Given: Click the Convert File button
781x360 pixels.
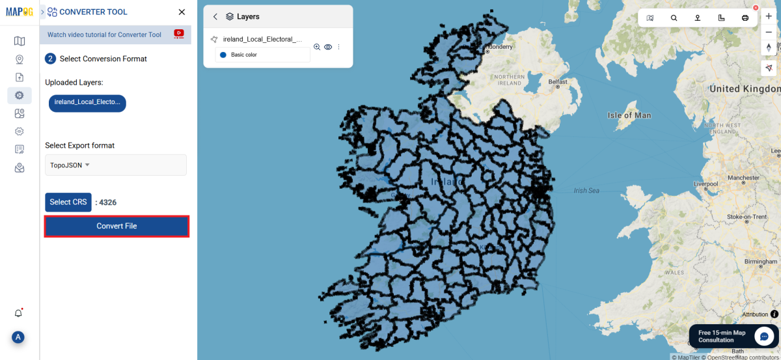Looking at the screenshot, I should coord(116,226).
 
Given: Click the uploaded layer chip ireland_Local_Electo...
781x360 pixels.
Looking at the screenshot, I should coord(87,103).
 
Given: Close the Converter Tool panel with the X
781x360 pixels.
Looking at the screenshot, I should coord(182,12).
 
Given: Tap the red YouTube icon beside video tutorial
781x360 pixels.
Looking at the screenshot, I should coord(179,34).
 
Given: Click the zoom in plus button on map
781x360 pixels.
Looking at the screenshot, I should coord(769,16).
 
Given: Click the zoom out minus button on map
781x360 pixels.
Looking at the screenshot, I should coord(769,32).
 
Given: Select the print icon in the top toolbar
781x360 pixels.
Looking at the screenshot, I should coord(745,18).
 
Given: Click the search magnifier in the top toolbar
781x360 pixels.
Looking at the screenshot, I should coord(674,18).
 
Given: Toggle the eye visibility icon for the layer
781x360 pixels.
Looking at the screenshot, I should coord(328,47).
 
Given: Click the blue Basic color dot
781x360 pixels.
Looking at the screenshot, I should coord(223,55).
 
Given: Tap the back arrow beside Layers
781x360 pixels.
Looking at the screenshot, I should coord(215,17).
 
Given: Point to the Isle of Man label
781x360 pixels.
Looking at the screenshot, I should coord(629,115).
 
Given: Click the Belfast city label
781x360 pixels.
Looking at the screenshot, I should coord(558,82).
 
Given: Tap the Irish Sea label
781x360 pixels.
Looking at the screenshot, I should coord(586,191).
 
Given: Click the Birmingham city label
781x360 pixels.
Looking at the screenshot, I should coord(760,262).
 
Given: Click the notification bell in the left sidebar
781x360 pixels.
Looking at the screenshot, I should coord(19,313).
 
